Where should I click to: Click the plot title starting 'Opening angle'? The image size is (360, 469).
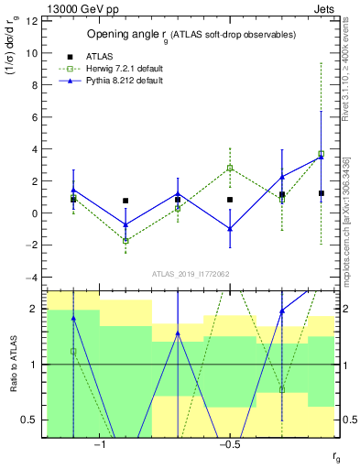(x=191, y=35)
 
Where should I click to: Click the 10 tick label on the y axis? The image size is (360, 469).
(x=32, y=53)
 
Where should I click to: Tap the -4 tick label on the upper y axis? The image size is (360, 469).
(x=32, y=278)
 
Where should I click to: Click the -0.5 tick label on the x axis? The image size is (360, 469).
(x=229, y=445)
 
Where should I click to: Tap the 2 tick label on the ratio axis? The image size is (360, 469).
(x=35, y=309)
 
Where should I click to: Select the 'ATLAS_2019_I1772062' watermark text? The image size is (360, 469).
(x=191, y=274)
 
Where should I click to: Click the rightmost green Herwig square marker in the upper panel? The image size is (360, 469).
(x=321, y=154)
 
